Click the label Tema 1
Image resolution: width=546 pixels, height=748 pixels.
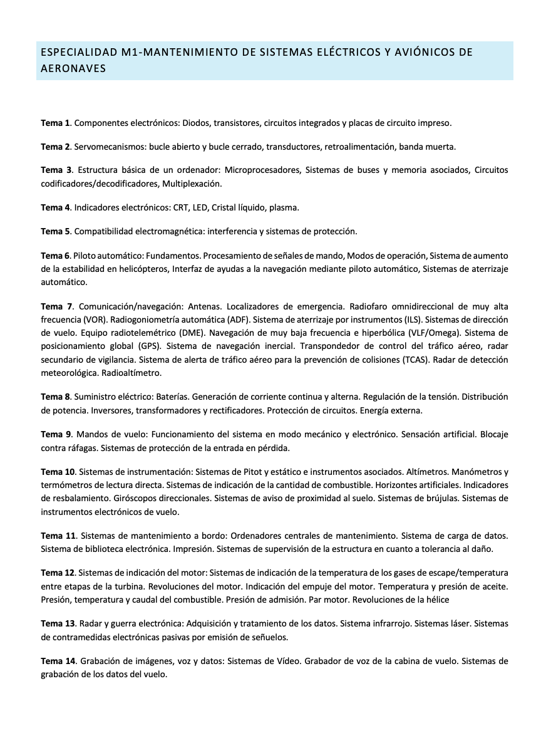coord(55,123)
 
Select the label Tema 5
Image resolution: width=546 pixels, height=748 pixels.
coord(55,231)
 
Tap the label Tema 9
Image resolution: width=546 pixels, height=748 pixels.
coord(55,434)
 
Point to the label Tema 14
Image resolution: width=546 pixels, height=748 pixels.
coord(58,661)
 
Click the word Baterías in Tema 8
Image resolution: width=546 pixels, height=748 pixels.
coord(170,397)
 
